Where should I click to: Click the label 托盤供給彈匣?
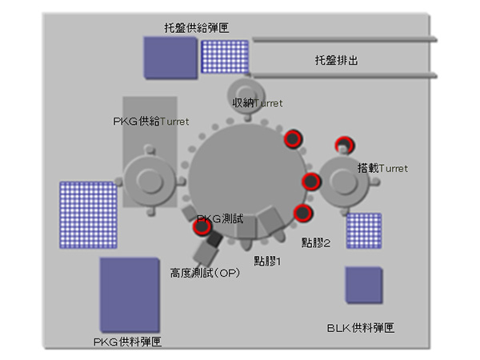197,28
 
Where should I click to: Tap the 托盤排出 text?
337,60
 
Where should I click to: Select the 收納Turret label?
257,103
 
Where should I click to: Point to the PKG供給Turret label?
151,122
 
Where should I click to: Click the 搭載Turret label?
382,168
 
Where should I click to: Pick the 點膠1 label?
267,261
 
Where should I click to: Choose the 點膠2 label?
316,242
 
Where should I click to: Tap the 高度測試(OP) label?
205,273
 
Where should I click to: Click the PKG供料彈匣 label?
127,342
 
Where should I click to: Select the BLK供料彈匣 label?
361,328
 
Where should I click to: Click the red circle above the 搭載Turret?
344,145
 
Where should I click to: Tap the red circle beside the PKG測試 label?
202,226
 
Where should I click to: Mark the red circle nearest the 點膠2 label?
302,213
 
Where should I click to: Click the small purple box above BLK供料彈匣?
364,286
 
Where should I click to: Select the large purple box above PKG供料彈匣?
130,295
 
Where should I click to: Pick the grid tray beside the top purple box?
225,57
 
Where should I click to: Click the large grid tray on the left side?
88,214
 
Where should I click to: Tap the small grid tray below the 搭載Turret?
364,231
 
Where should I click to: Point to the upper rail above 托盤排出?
345,39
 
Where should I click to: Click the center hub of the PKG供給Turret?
150,181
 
